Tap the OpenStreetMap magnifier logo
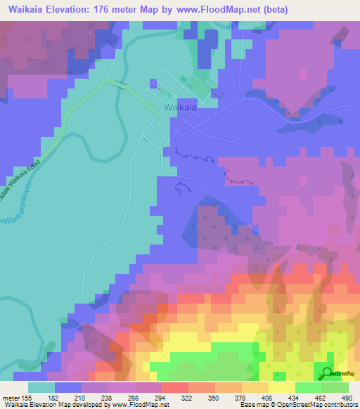click(327, 374)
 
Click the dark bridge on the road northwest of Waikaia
click(122, 85)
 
